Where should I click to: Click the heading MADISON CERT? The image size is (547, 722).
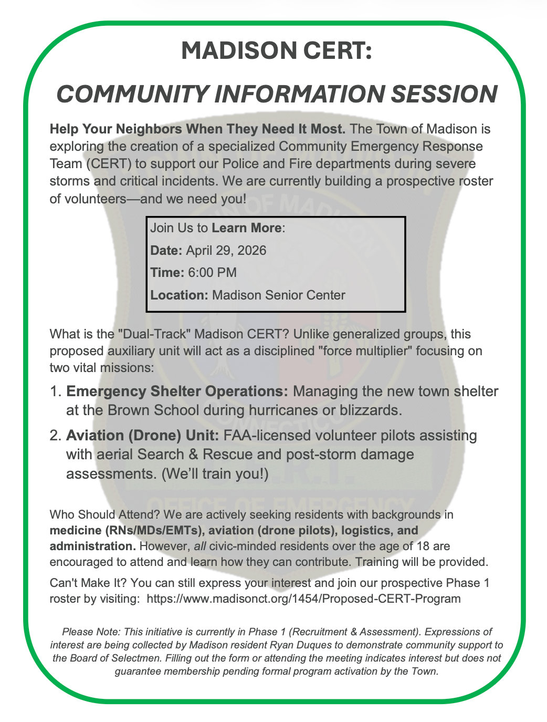coord(277,51)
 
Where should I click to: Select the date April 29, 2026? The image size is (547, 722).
coord(226,250)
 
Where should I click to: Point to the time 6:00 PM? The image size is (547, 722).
coord(212,272)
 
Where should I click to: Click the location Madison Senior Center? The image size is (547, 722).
coord(278,295)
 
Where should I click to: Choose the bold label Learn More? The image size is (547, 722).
coord(246,228)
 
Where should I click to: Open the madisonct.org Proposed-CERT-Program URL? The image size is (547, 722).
coord(303,599)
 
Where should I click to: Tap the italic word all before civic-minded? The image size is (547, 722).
coord(200,546)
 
